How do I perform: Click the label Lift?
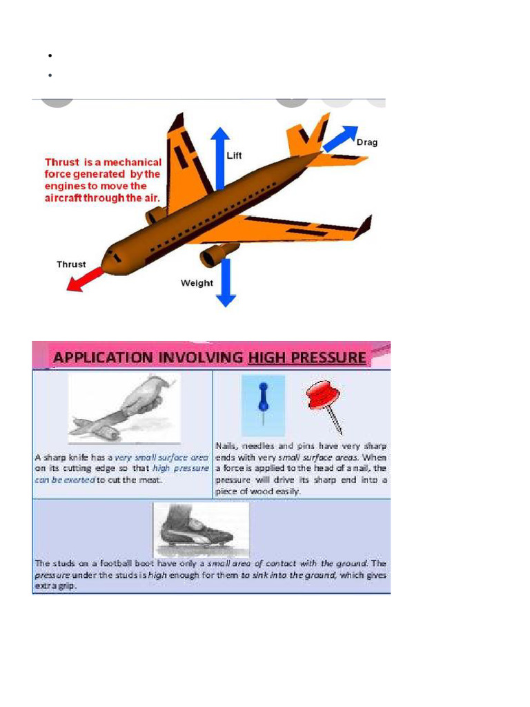tap(235, 156)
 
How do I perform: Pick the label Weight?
tap(197, 283)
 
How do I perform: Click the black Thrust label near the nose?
tap(71, 264)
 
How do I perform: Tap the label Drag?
tap(366, 143)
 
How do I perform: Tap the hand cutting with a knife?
tap(124, 408)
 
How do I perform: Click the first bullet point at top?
tap(51, 55)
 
